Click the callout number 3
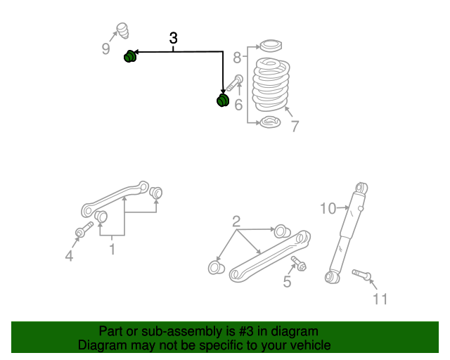point(173,39)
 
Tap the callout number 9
point(106,49)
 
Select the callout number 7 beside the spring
point(295,127)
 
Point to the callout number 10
point(328,208)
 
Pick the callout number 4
point(69,257)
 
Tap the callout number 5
point(287,282)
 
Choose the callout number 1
point(112,248)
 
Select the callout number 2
point(236,221)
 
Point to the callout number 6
point(238,105)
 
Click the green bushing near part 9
point(130,56)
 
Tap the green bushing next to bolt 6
point(222,101)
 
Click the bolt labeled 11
point(359,274)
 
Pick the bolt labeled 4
point(83,230)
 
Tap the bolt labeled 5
point(297,264)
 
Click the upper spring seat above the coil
point(271,48)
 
